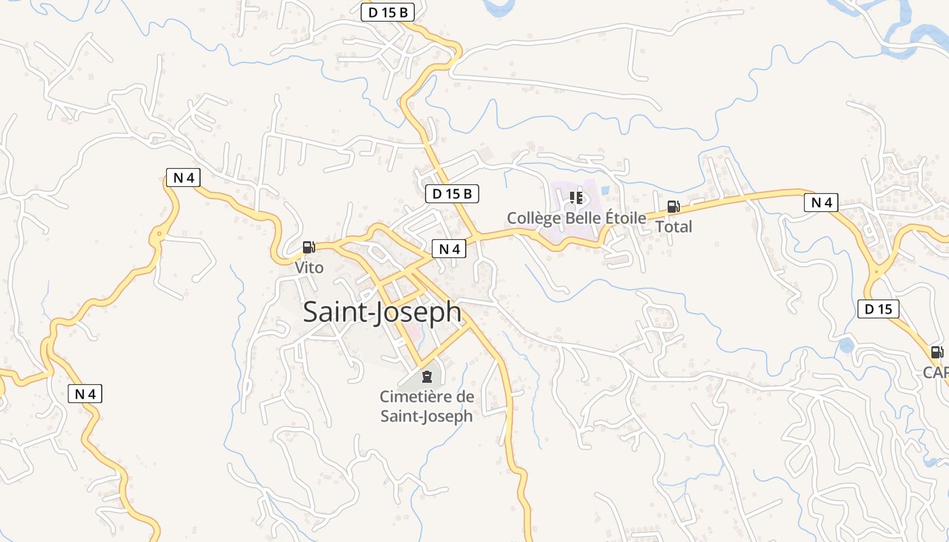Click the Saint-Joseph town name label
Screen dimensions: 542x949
pyautogui.click(x=382, y=312)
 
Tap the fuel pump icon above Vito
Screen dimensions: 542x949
pyautogui.click(x=308, y=247)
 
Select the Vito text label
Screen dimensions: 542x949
pyautogui.click(x=309, y=268)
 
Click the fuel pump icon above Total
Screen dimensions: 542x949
pyautogui.click(x=673, y=207)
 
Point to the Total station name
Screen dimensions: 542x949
pyautogui.click(x=673, y=227)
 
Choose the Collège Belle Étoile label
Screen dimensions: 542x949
pyautogui.click(x=577, y=218)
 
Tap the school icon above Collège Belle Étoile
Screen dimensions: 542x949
pyautogui.click(x=576, y=198)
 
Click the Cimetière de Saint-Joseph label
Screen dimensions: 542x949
pyautogui.click(x=426, y=406)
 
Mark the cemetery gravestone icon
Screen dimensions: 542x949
pyautogui.click(x=426, y=377)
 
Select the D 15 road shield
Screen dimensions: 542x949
pyautogui.click(x=878, y=310)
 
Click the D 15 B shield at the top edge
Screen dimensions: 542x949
pyautogui.click(x=387, y=12)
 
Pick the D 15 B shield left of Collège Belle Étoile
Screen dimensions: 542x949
pyautogui.click(x=452, y=194)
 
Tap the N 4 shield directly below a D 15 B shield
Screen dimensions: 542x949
pyautogui.click(x=449, y=249)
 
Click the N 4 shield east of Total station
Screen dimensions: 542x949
pyautogui.click(x=821, y=202)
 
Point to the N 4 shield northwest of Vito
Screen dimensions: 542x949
pyautogui.click(x=183, y=178)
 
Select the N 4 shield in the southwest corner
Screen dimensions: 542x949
pyautogui.click(x=85, y=394)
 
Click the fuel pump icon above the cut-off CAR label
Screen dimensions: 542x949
pyautogui.click(x=937, y=352)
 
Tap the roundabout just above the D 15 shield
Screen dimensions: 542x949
pyautogui.click(x=876, y=273)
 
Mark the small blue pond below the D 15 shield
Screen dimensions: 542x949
pyautogui.click(x=846, y=346)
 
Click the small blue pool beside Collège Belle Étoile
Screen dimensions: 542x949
pyautogui.click(x=605, y=191)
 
